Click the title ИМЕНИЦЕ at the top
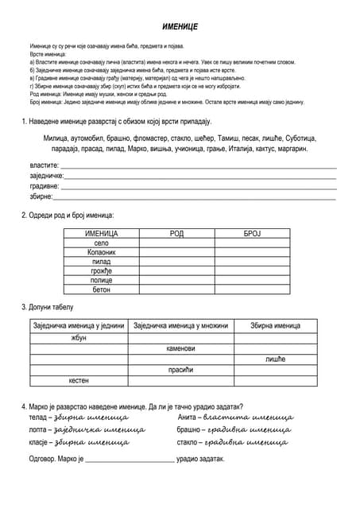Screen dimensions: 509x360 [x=180, y=26]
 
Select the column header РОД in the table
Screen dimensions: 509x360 [x=176, y=233]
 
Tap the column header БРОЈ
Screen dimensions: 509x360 [x=252, y=233]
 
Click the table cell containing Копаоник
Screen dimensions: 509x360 [x=101, y=252]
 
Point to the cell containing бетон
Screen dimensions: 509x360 [x=101, y=290]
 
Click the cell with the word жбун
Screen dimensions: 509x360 [x=79, y=337]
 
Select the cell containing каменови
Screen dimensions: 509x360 [x=180, y=348]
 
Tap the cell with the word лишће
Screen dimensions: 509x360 [x=275, y=359]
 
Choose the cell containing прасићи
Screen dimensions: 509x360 [x=180, y=370]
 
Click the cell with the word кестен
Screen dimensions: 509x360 [x=79, y=381]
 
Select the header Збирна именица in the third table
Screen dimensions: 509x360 [x=275, y=325]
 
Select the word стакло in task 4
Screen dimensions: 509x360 [x=188, y=442]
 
